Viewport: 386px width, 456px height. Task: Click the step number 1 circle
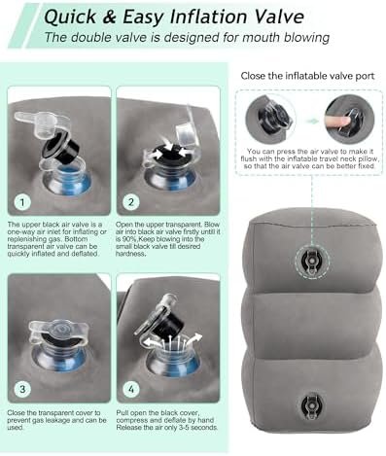(x=22, y=202)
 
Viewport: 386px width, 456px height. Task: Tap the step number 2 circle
(x=131, y=202)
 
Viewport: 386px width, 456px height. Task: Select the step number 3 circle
(x=22, y=389)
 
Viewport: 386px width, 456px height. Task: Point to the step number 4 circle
(x=131, y=389)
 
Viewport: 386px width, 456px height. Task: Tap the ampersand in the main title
(x=109, y=17)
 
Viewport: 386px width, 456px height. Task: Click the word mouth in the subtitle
(x=261, y=38)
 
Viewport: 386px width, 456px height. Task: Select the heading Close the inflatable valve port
(x=307, y=76)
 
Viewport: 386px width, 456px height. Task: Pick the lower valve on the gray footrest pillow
(x=312, y=406)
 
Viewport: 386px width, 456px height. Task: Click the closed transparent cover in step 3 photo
(x=59, y=333)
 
